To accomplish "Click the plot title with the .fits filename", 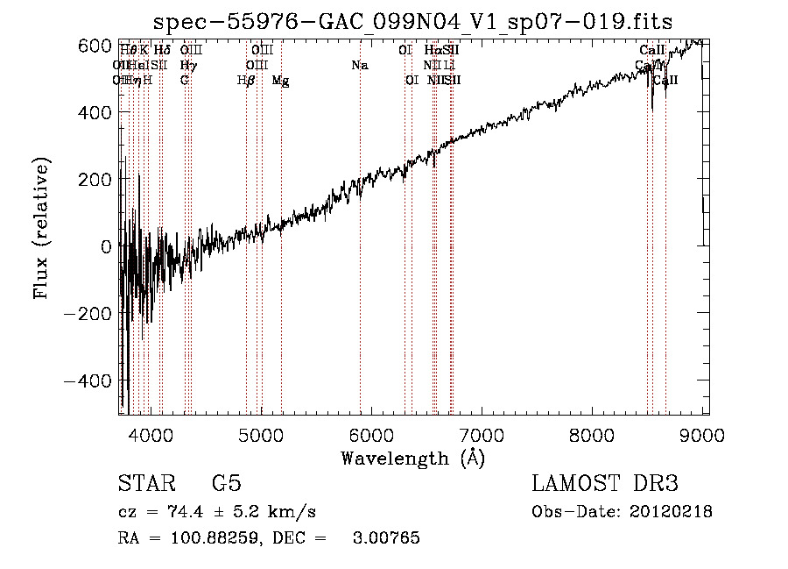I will pos(412,21).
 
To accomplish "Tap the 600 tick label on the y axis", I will pos(95,45).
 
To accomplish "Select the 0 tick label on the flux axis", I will pos(105,246).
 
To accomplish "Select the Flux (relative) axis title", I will pos(42,228).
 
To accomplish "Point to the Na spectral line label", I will pos(360,65).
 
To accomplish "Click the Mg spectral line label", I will pos(280,81).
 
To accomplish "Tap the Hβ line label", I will pos(246,81).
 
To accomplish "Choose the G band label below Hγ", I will pos(185,81).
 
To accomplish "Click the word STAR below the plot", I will pos(145,484).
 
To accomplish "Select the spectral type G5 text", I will pos(226,484).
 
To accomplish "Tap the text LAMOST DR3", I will pos(605,484).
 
